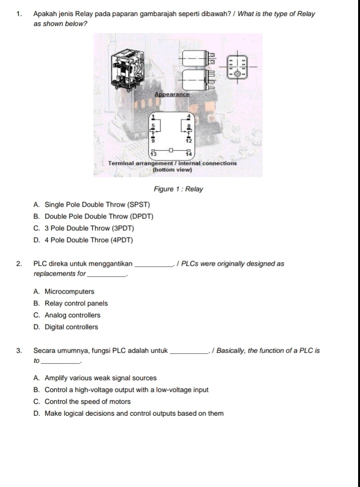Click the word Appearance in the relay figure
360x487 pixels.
[172, 94]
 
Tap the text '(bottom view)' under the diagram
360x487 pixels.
[172, 169]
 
